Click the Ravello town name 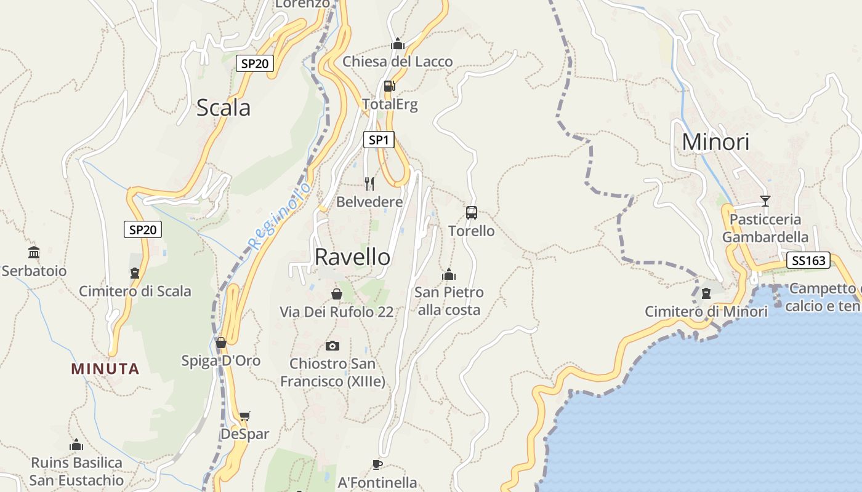click(x=352, y=257)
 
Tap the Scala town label click(x=224, y=108)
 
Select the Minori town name click(x=715, y=142)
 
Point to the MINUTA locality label click(x=105, y=369)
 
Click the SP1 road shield click(x=378, y=140)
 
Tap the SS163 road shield click(x=808, y=261)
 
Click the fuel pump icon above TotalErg click(x=389, y=87)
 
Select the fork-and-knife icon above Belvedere click(x=369, y=183)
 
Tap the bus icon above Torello click(x=472, y=213)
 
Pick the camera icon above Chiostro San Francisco click(x=332, y=346)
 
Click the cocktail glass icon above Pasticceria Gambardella click(x=765, y=200)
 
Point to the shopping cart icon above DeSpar click(x=245, y=416)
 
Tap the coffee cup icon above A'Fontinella click(x=377, y=464)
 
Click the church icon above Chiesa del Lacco click(x=398, y=44)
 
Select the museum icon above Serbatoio click(x=34, y=252)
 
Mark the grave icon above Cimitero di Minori click(x=706, y=293)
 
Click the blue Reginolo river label click(x=279, y=216)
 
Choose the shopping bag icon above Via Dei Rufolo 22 click(x=337, y=294)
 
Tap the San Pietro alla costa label click(x=449, y=301)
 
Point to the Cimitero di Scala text click(x=135, y=292)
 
